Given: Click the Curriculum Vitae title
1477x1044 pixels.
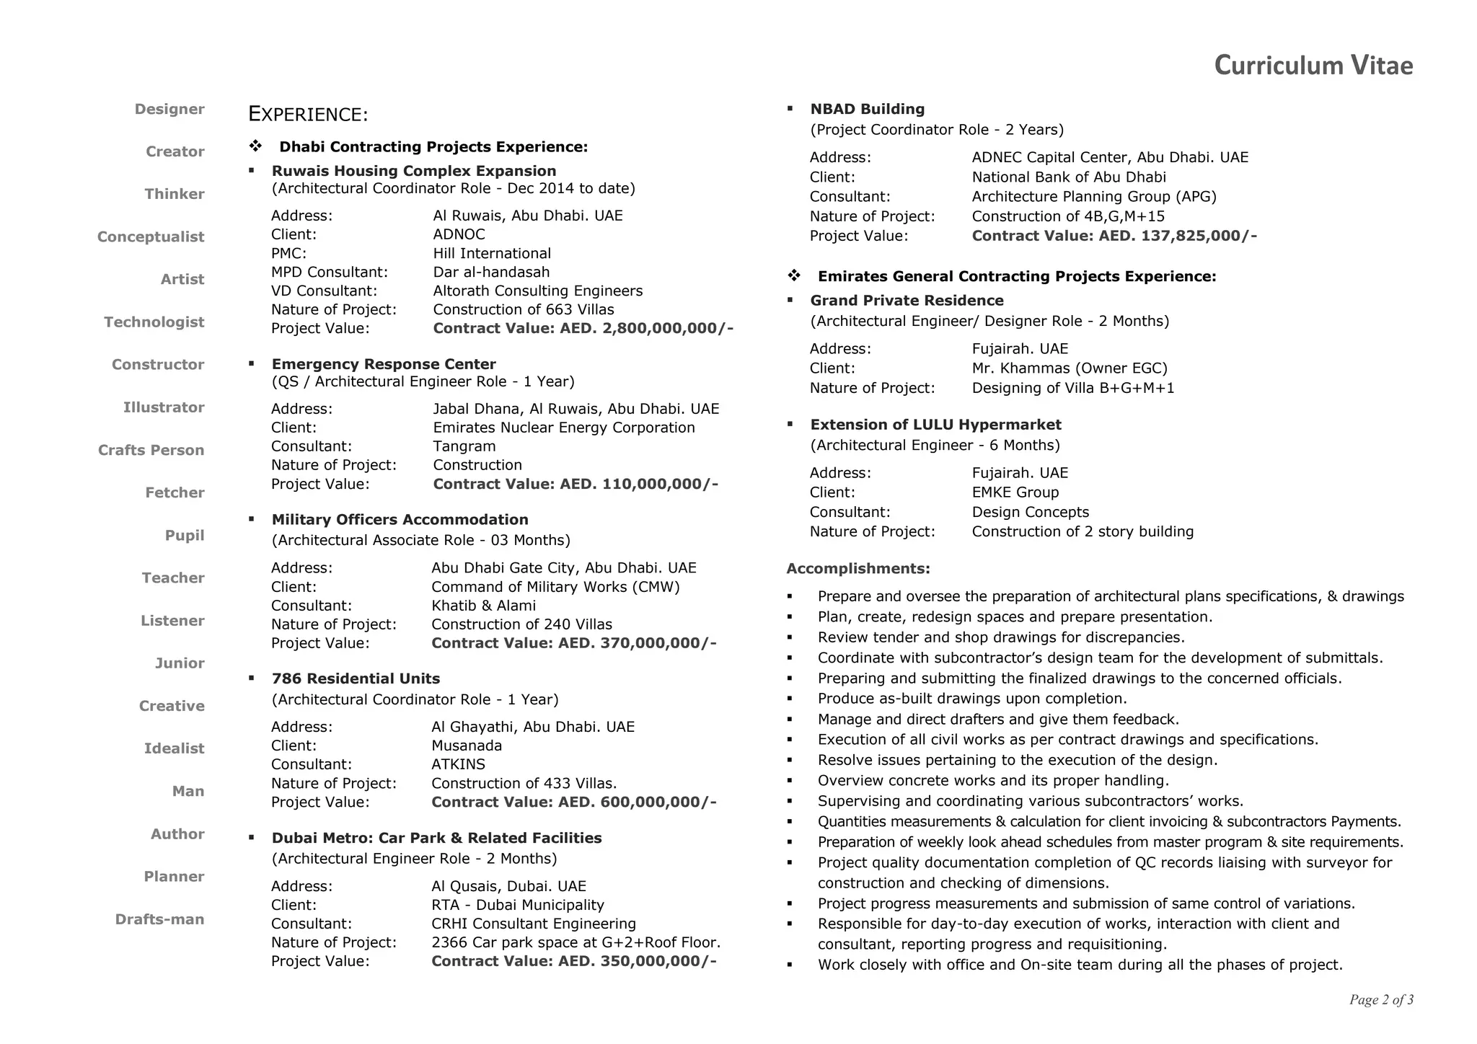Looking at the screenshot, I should pyautogui.click(x=1313, y=66).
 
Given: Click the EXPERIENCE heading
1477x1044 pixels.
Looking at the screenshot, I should pyautogui.click(x=308, y=115).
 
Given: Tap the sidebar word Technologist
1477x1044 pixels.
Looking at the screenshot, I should pyautogui.click(x=154, y=322).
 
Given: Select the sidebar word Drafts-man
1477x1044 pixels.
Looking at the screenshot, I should pyautogui.click(x=159, y=919).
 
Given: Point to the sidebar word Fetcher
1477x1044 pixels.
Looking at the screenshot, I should pyautogui.click(x=175, y=493).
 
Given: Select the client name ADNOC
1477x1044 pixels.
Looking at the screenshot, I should pyautogui.click(x=459, y=234).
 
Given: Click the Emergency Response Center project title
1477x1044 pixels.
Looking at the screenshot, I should pyautogui.click(x=384, y=364).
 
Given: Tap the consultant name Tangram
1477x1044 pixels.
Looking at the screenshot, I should pyautogui.click(x=464, y=446).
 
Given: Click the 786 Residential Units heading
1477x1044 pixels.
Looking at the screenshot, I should pyautogui.click(x=356, y=678).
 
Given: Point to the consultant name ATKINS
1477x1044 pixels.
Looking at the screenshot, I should pyautogui.click(x=458, y=764).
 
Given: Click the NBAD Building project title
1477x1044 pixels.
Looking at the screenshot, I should pyautogui.click(x=867, y=109).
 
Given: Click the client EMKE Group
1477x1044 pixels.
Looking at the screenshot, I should pyautogui.click(x=1015, y=492).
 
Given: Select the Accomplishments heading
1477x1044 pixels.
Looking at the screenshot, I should pyautogui.click(x=857, y=569).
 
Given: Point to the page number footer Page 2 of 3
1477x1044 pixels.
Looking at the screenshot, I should pyautogui.click(x=1380, y=1000).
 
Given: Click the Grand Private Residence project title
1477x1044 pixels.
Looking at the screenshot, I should pyautogui.click(x=907, y=301).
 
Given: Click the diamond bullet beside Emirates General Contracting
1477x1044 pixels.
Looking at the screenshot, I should pyautogui.click(x=794, y=276).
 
